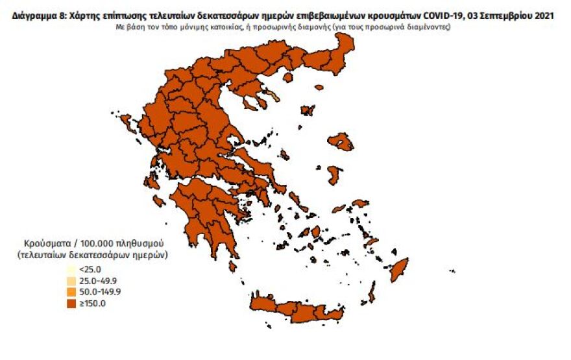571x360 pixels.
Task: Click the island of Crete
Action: (305, 310)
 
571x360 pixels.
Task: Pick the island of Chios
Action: (335, 174)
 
